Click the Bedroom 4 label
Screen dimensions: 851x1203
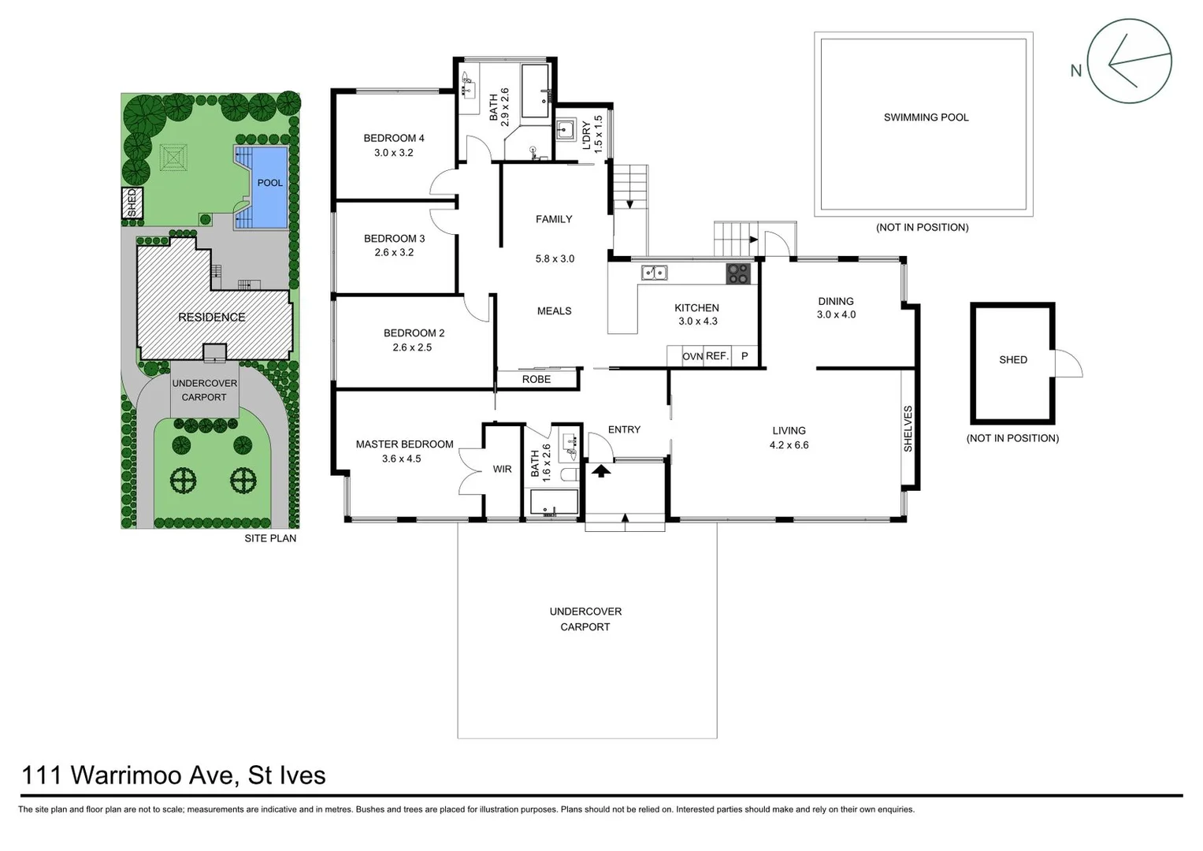click(x=393, y=138)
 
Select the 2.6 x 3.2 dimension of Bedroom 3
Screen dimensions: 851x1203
click(x=394, y=253)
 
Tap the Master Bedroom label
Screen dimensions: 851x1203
click(x=404, y=444)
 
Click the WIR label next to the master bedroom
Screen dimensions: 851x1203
click(x=502, y=470)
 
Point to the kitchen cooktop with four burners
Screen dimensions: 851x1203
click(x=738, y=273)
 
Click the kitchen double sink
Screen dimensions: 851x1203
click(x=654, y=273)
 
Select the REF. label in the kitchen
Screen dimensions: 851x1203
click(x=717, y=356)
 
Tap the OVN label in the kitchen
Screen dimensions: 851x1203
click(x=692, y=357)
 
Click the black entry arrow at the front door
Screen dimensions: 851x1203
click(x=601, y=471)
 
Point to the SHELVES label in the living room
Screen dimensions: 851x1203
click(x=908, y=429)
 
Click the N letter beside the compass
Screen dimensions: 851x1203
click(x=1075, y=71)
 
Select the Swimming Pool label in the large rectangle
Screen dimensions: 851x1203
click(x=926, y=117)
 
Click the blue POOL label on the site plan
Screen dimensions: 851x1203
click(x=269, y=183)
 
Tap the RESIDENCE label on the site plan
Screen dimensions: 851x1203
click(x=211, y=318)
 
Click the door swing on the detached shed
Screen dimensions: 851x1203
click(x=1067, y=364)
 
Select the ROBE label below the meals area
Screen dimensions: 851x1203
click(x=537, y=380)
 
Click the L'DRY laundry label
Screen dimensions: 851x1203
click(x=586, y=134)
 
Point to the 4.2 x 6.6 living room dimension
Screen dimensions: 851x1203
click(x=789, y=445)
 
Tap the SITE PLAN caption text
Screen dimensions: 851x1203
click(x=270, y=538)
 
